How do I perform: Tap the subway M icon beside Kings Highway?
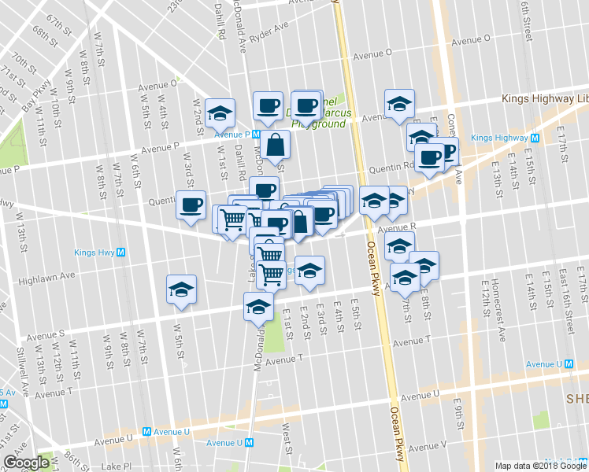click(535, 138)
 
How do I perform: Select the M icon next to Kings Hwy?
click(120, 253)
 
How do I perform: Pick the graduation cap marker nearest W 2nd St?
click(220, 112)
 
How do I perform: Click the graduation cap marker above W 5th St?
click(182, 289)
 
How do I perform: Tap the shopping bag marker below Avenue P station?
click(276, 146)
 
